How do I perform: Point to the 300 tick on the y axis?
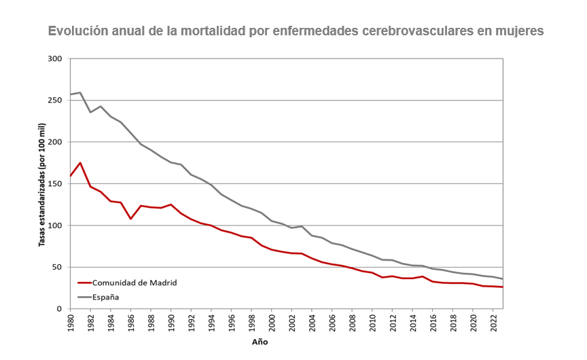(x=55, y=59)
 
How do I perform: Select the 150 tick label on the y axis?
(x=55, y=183)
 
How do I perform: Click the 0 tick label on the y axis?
(x=59, y=309)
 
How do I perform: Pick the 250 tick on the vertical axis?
(x=55, y=101)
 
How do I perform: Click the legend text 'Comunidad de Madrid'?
(x=135, y=283)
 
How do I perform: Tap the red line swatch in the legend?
(x=84, y=283)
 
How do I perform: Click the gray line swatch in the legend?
(x=84, y=296)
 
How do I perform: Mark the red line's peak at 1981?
(x=80, y=163)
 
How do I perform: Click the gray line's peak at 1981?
(x=80, y=92)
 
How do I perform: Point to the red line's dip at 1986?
(x=130, y=219)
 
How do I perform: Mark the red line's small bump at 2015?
(x=423, y=276)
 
